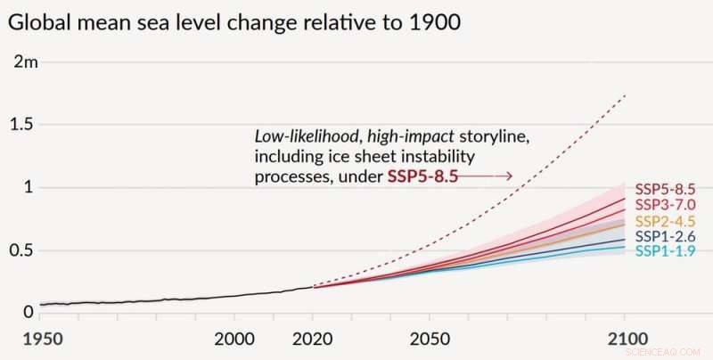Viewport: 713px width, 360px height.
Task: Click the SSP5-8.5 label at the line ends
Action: [x=665, y=189]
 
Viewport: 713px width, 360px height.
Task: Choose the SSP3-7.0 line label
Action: [x=665, y=205]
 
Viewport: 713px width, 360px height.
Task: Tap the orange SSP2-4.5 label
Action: [x=665, y=221]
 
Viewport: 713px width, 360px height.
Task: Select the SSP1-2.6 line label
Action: [x=665, y=236]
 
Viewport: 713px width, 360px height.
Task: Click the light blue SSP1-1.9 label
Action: [x=665, y=251]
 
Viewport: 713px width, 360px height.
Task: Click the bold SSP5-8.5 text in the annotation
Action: [x=422, y=176]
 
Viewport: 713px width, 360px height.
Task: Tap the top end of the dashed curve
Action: [x=624, y=94]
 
